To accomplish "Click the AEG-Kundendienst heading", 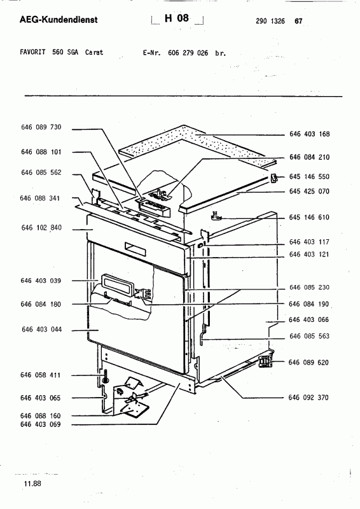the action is pyautogui.click(x=59, y=20).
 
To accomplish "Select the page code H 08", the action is pyautogui.click(x=177, y=18).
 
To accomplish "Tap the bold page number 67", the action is pyautogui.click(x=298, y=21).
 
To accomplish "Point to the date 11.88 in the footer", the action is pyautogui.click(x=32, y=484).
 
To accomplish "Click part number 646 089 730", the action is pyautogui.click(x=41, y=127).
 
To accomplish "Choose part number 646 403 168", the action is pyautogui.click(x=309, y=134).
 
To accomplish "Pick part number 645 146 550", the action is pyautogui.click(x=309, y=177).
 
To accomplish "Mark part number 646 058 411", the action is pyautogui.click(x=40, y=375).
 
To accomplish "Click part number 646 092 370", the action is pyautogui.click(x=308, y=397).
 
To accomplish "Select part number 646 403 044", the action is pyautogui.click(x=41, y=330).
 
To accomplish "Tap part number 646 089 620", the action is pyautogui.click(x=308, y=362).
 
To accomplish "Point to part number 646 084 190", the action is pyautogui.click(x=308, y=304).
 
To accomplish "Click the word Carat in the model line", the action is pyautogui.click(x=94, y=52).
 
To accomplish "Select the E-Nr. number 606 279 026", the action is pyautogui.click(x=188, y=53).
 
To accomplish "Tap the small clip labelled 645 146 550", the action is pyautogui.click(x=274, y=178).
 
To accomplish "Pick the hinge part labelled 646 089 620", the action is pyautogui.click(x=265, y=361).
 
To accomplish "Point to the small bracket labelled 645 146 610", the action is pyautogui.click(x=216, y=215).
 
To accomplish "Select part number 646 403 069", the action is pyautogui.click(x=40, y=424).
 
